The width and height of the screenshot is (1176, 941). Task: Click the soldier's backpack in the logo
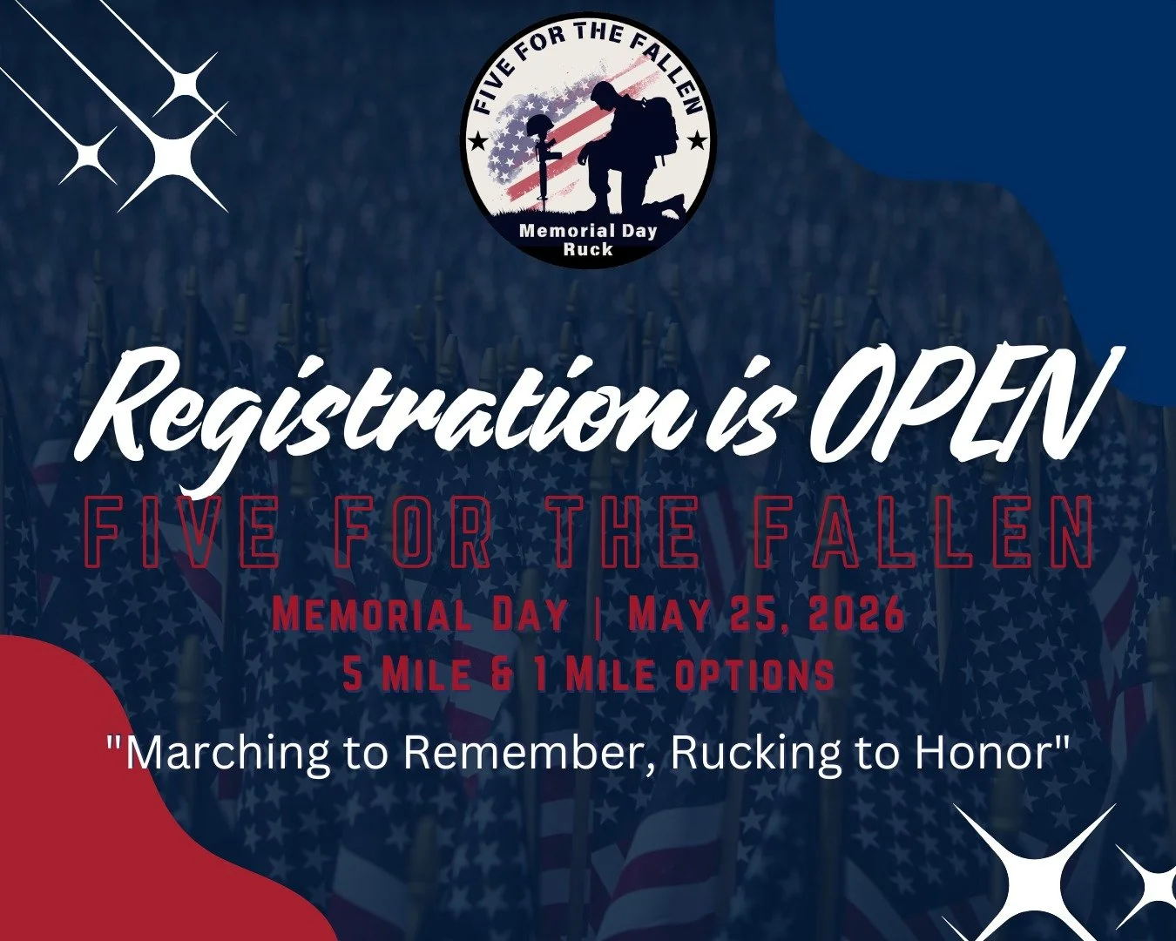pyautogui.click(x=662, y=125)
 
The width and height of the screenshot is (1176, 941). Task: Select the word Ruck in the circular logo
pyautogui.click(x=588, y=249)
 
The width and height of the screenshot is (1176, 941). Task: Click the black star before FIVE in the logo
pyautogui.click(x=477, y=140)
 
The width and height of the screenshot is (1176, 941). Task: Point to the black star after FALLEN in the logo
pyautogui.click(x=697, y=140)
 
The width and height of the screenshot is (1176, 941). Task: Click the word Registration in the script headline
pyautogui.click(x=366, y=410)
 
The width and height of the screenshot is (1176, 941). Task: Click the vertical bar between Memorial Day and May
pyautogui.click(x=597, y=615)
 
